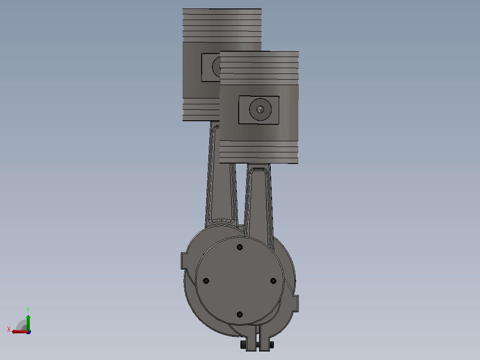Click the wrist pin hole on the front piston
coord(260,109)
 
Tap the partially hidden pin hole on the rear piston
coord(216,67)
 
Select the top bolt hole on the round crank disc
coord(240,247)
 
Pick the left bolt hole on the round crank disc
coord(206,281)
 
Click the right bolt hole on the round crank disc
coord(273,281)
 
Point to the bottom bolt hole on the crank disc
coord(240,315)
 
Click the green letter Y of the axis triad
coord(28,310)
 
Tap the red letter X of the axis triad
coord(9,329)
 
